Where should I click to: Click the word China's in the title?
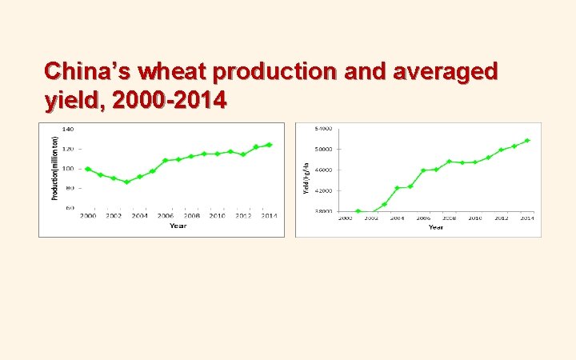[x=88, y=72]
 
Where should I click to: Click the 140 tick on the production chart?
[x=68, y=129]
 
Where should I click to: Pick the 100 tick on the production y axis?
[x=68, y=168]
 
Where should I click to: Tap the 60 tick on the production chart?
[x=70, y=208]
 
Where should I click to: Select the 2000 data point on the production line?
[x=87, y=169]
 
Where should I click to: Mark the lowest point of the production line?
[x=126, y=182]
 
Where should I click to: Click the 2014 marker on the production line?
[x=269, y=145]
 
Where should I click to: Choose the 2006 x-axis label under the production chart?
[x=165, y=216]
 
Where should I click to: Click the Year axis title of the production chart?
[x=178, y=226]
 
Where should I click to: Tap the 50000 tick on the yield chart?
[x=324, y=149]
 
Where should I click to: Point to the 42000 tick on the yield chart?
[x=324, y=190]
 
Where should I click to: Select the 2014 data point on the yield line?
[x=527, y=141]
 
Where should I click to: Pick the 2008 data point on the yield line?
[x=450, y=161]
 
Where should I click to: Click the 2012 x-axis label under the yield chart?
[x=501, y=218]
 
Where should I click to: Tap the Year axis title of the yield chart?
[x=436, y=227]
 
